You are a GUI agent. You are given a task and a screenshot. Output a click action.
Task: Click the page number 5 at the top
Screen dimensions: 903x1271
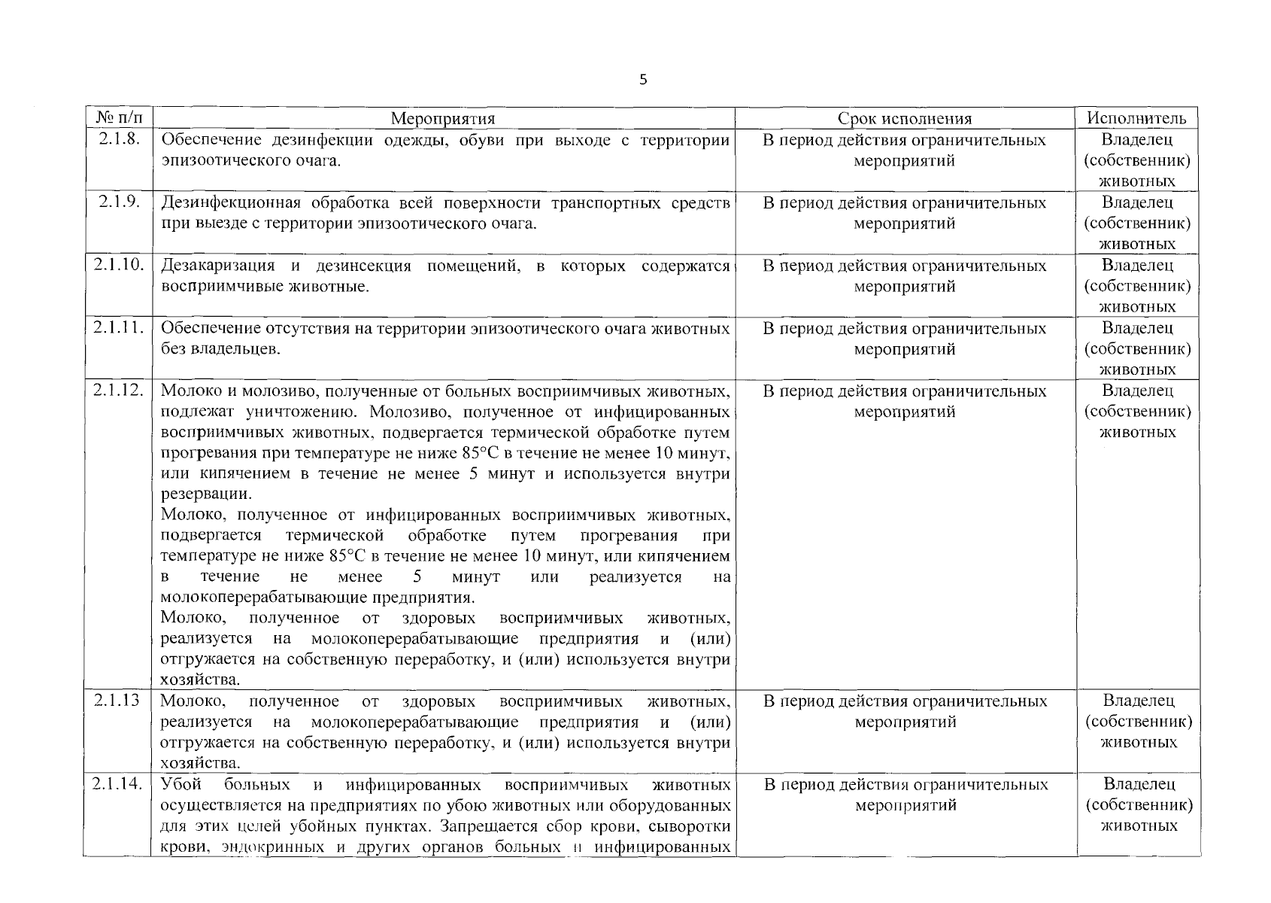pyautogui.click(x=642, y=80)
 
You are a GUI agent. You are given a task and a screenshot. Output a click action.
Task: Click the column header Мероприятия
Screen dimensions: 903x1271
pyautogui.click(x=443, y=118)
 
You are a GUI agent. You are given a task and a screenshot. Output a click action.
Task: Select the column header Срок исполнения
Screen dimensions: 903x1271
pyautogui.click(x=904, y=118)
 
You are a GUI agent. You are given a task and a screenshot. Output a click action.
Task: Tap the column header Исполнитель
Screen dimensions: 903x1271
pyautogui.click(x=1136, y=118)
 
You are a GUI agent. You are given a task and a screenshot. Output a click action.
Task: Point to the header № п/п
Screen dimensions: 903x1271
pyautogui.click(x=119, y=117)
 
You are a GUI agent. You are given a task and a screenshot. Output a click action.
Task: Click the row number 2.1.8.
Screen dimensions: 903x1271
pyautogui.click(x=119, y=139)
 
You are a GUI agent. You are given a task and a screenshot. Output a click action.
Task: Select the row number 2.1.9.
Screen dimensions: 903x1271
pyautogui.click(x=119, y=202)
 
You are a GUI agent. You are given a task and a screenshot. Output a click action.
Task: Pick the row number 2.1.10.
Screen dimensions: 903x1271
pyautogui.click(x=119, y=265)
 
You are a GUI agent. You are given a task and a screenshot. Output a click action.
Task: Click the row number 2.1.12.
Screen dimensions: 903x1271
pyautogui.click(x=119, y=391)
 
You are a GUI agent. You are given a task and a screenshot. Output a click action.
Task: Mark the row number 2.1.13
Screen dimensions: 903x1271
pyautogui.click(x=117, y=701)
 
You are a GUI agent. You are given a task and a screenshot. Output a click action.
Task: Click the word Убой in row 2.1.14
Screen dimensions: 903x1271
pyautogui.click(x=181, y=785)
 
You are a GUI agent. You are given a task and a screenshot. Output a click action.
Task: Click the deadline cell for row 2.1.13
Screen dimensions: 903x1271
pyautogui.click(x=905, y=711)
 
